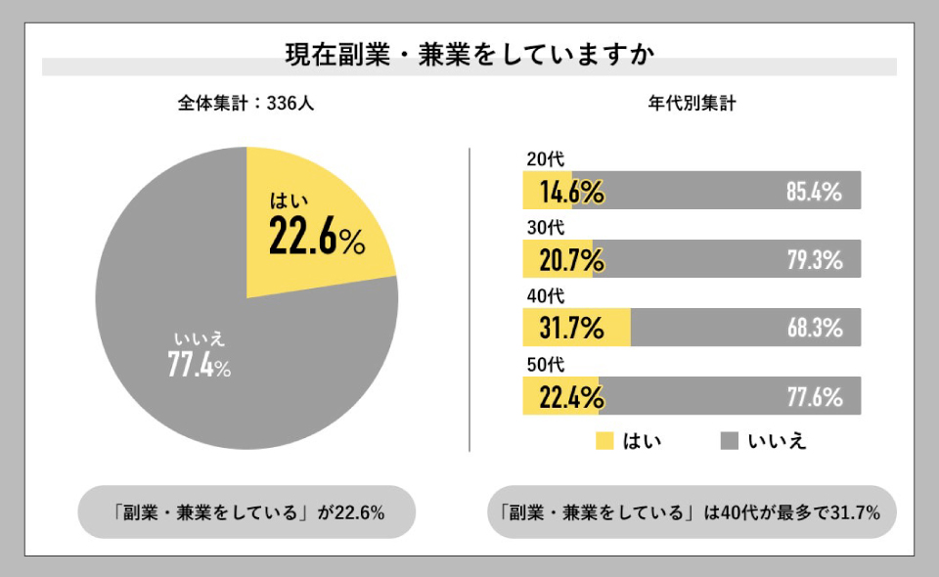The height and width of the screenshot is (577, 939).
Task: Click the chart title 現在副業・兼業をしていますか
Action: [469, 53]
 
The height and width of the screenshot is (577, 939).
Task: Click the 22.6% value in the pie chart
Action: [316, 239]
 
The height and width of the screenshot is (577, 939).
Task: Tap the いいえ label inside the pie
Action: [200, 339]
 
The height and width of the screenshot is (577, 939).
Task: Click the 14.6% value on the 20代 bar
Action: [571, 192]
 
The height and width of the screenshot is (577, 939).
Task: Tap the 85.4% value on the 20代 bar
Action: [814, 192]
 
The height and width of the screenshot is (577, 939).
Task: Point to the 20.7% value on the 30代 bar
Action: [571, 260]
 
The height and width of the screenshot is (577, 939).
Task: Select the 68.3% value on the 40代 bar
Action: [814, 329]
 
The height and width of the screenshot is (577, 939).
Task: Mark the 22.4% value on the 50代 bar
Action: [571, 397]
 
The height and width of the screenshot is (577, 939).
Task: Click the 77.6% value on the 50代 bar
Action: [814, 397]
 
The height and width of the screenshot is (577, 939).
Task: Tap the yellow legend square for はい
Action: [604, 441]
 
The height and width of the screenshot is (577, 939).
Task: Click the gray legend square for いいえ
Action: [729, 441]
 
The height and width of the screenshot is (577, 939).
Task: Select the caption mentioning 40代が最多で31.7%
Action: [692, 511]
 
